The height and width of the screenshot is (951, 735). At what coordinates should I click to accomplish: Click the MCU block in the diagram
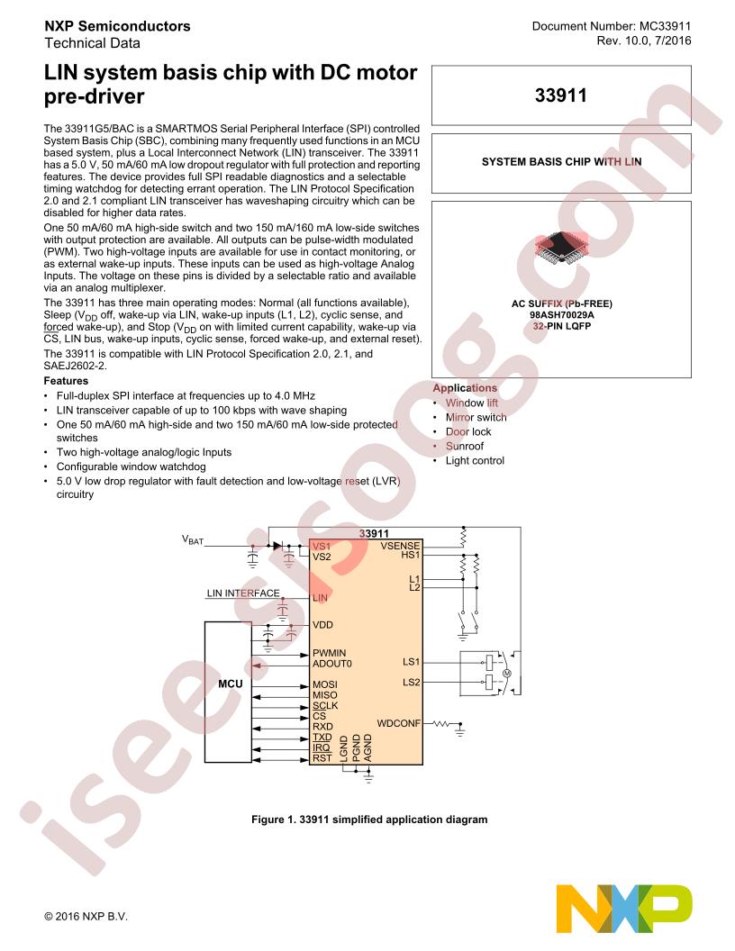point(228,692)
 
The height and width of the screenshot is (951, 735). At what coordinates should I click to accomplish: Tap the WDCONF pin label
point(398,723)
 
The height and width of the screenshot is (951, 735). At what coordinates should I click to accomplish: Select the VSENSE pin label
point(400,545)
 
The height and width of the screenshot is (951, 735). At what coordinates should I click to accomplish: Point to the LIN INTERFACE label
point(243,593)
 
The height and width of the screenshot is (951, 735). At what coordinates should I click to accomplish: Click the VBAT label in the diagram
point(193,539)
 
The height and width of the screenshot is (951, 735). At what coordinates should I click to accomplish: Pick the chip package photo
point(561,247)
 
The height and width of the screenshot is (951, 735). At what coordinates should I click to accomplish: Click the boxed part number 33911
point(561,95)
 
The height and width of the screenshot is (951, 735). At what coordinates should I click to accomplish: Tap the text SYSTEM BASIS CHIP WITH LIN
point(561,162)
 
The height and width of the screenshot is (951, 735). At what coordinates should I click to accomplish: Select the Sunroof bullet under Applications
point(465,446)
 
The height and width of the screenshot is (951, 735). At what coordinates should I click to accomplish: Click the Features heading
point(66,381)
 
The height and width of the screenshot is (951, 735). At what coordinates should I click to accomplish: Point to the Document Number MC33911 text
point(612,26)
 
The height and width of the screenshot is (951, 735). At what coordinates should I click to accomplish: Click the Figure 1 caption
point(369,820)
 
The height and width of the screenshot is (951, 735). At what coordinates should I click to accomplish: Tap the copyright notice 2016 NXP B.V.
point(86,917)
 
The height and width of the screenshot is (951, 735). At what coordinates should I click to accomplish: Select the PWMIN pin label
point(330,653)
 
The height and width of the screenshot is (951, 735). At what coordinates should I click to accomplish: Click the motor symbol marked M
point(507,674)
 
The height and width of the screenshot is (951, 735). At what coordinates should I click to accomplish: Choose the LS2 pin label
point(411,683)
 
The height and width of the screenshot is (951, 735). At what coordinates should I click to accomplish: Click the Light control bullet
point(475,460)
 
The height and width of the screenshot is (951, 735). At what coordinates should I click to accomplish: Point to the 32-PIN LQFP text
point(561,326)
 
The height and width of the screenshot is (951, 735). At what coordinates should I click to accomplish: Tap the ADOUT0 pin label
point(331,664)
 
